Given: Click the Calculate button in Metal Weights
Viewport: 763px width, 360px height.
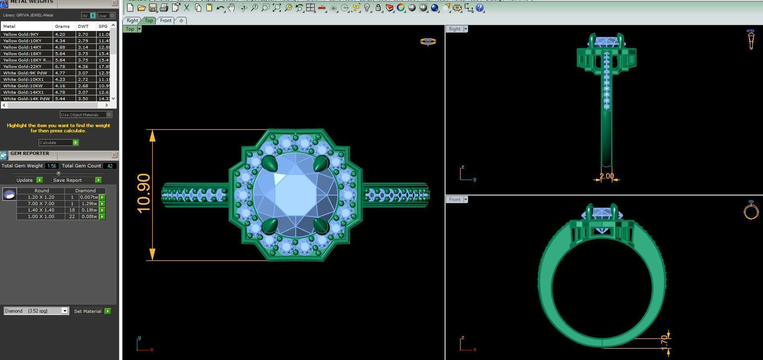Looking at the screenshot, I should coord(58,143).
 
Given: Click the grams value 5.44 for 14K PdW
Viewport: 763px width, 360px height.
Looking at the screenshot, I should coord(60,99).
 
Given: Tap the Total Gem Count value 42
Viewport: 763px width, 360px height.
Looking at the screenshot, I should coord(110,166).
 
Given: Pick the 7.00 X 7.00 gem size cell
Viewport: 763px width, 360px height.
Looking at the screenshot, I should coord(41,204).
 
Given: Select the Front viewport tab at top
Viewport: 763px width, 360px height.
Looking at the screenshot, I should coord(165,21).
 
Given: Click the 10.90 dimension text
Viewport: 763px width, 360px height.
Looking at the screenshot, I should coord(143,193).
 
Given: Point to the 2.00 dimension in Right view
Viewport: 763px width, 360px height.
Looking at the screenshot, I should coord(606,176).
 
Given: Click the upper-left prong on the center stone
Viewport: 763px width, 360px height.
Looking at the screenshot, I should coord(269,163).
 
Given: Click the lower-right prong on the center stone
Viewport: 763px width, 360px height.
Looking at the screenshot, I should coord(322,226).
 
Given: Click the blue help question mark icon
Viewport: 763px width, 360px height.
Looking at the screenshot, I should coord(479,8).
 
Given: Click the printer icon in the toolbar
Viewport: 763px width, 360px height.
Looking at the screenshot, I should coord(164,8).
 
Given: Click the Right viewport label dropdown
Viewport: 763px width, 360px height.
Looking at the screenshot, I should coord(466,29).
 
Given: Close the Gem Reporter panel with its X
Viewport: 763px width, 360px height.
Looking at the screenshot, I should coord(114,155).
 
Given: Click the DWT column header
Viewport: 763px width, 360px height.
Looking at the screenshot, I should coord(83,26).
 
